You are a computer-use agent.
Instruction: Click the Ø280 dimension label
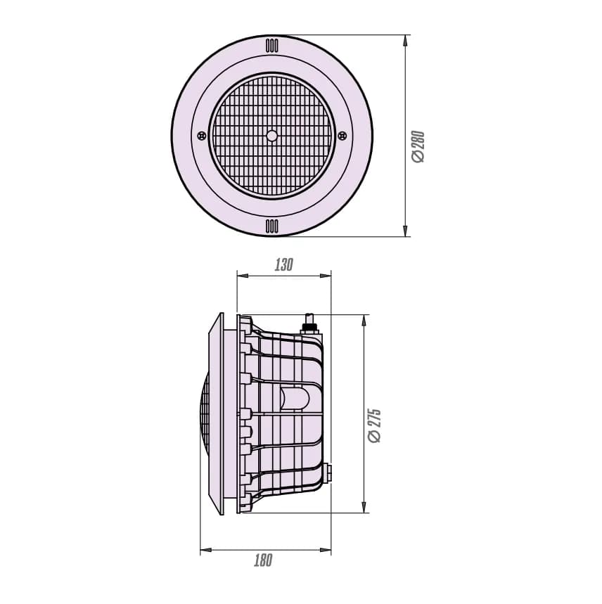(x=418, y=147)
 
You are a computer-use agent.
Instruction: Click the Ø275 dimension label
(x=374, y=425)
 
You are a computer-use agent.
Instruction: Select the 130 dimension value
(x=284, y=264)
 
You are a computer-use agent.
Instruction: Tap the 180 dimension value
(x=263, y=560)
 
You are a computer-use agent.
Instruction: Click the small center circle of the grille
(x=272, y=136)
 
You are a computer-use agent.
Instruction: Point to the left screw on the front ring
(x=201, y=136)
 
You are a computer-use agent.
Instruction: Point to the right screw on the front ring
(x=342, y=136)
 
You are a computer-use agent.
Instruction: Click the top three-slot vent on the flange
(x=272, y=46)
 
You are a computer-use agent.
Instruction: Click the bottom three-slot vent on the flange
(x=272, y=226)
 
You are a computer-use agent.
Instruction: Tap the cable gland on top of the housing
(x=309, y=324)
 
